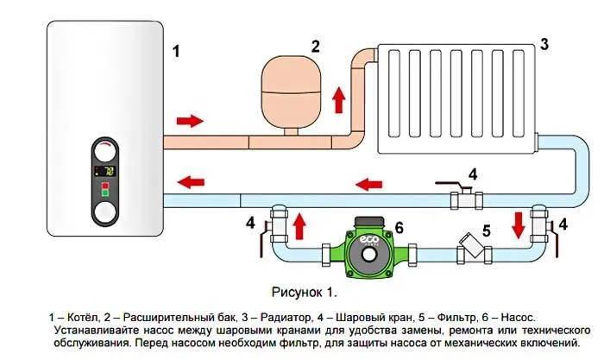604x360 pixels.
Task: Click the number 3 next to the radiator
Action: pos(543,43)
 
